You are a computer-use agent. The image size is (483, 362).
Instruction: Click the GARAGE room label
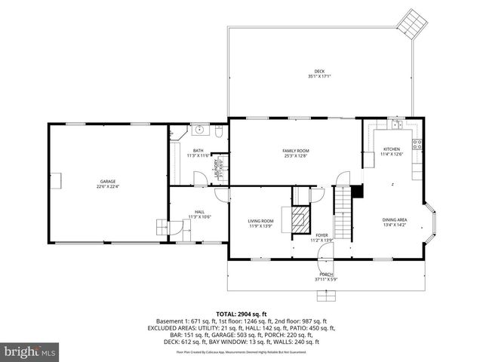109,183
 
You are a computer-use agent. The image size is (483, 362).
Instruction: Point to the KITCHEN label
392,151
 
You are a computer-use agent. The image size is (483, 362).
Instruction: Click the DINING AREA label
395,222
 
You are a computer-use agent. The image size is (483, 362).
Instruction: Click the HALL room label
199,213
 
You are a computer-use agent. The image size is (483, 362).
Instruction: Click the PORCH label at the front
326,275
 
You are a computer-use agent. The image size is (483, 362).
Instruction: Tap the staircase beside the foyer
343,212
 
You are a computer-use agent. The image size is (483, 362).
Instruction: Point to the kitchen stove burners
417,143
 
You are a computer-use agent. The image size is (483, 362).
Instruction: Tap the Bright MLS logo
30,351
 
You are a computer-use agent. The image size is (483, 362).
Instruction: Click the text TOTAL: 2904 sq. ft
241,314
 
